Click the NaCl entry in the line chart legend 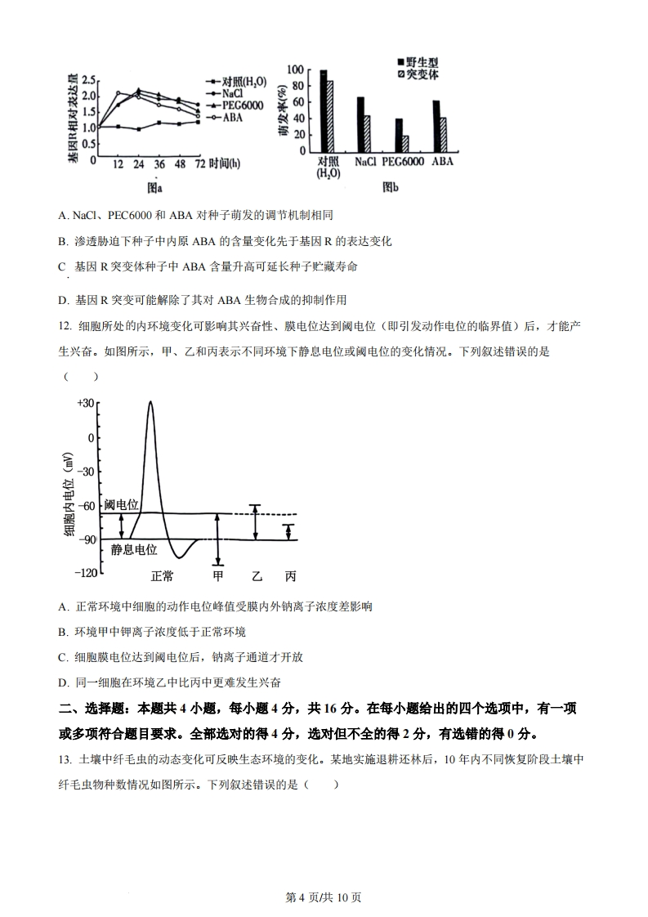(x=231, y=94)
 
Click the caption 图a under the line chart (x=154, y=187)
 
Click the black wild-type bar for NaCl (x=360, y=123)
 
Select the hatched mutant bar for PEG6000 (x=405, y=143)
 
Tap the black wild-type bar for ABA (x=436, y=125)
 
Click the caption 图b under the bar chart (x=391, y=187)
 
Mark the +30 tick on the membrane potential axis (x=86, y=403)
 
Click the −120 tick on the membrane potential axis (x=85, y=573)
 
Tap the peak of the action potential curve (x=150, y=402)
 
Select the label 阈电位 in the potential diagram (x=121, y=505)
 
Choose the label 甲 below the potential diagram (x=218, y=576)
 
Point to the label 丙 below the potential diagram (x=290, y=576)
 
